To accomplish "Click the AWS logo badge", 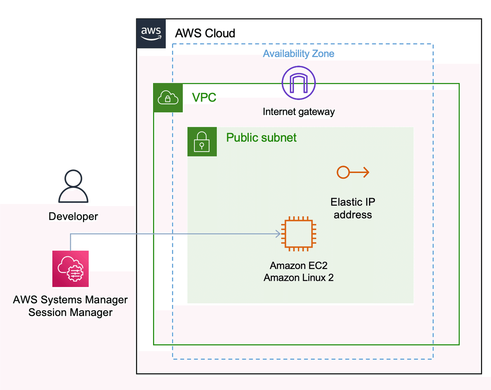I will tap(151, 34).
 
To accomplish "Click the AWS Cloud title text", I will tap(205, 33).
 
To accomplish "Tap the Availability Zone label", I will tap(298, 54).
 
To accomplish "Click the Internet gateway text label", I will tap(299, 112).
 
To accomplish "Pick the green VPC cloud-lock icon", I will tap(168, 98).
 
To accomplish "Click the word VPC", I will tap(204, 97).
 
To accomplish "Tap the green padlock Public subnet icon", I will tap(202, 141).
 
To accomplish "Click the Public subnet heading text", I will tap(261, 137).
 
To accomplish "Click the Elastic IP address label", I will tap(353, 208).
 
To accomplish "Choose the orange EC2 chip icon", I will tap(299, 234).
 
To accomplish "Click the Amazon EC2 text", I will tap(299, 266).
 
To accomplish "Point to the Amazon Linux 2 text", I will tap(299, 278).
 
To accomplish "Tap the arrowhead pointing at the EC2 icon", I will tap(278, 234).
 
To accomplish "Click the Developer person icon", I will tap(73, 187).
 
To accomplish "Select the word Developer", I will tap(73, 216).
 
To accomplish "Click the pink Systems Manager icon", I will tap(70, 268).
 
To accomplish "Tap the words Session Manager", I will tap(70, 313).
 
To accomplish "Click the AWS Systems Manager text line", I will tap(70, 300).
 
